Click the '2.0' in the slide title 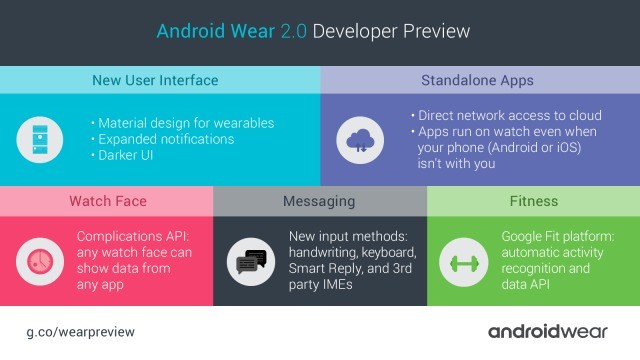click(290, 31)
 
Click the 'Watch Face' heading click(106, 201)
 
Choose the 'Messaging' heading click(319, 201)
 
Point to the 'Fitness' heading click(533, 201)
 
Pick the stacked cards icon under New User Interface click(36, 139)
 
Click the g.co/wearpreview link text click(80, 331)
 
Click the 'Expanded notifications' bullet click(166, 139)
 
